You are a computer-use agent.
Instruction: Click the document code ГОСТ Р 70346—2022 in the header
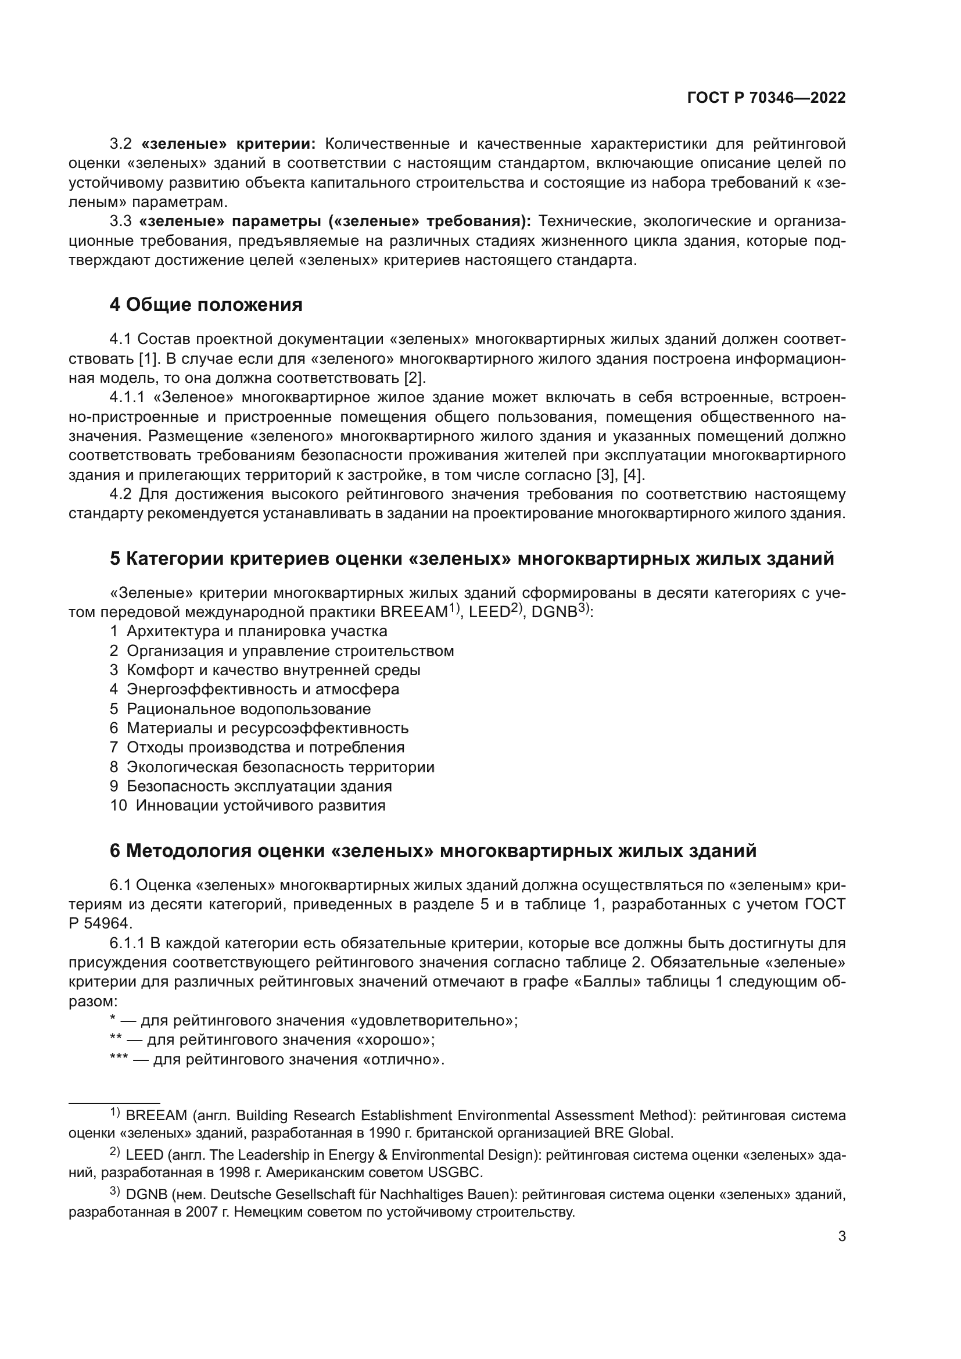pyautogui.click(x=766, y=98)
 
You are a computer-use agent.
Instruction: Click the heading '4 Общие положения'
pyautogui.click(x=206, y=305)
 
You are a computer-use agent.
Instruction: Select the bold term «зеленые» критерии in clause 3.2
pyautogui.click(x=229, y=144)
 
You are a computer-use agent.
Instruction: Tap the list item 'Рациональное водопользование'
pyautogui.click(x=249, y=708)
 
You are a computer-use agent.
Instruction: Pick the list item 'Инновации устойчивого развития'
pyautogui.click(x=260, y=805)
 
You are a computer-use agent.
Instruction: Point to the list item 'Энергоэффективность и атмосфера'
pyautogui.click(x=263, y=689)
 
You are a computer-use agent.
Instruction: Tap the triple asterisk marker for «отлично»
pyautogui.click(x=119, y=1059)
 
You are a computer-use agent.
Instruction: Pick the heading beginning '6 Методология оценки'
pyautogui.click(x=433, y=851)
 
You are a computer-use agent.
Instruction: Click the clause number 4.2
pyautogui.click(x=121, y=494)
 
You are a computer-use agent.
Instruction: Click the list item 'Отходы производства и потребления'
pyautogui.click(x=266, y=747)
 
